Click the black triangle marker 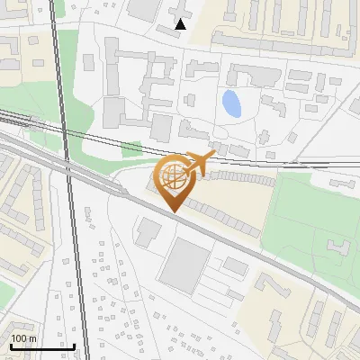[181, 24]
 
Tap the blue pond [231, 104]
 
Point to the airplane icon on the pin [200, 163]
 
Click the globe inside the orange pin [173, 175]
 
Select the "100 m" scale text [23, 337]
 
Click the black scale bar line [41, 346]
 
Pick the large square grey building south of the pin [189, 266]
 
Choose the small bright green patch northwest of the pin [132, 148]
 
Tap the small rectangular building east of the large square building [236, 266]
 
